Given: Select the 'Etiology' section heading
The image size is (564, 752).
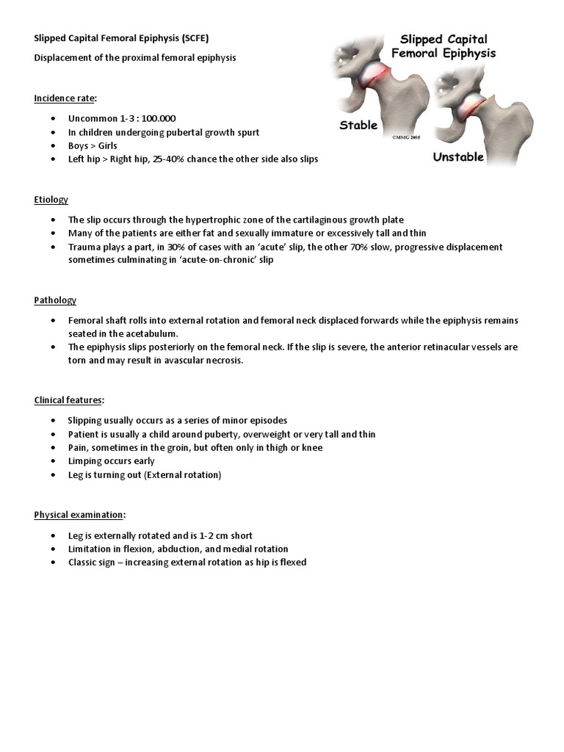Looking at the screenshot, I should click(x=51, y=199).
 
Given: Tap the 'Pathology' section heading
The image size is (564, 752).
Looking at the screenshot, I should click(x=55, y=300).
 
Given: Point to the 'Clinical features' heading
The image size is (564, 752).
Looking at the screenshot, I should click(x=69, y=400).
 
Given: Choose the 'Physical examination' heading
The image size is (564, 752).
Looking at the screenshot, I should click(x=79, y=515).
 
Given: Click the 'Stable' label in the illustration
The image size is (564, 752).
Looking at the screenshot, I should click(x=358, y=125).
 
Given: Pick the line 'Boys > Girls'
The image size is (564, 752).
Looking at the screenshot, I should click(x=93, y=145).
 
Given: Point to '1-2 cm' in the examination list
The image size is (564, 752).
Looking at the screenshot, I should click(x=209, y=535).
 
